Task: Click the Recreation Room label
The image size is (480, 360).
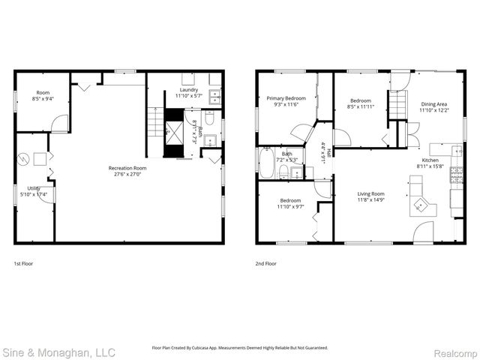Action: tap(127, 168)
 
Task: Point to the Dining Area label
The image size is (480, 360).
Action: tap(434, 104)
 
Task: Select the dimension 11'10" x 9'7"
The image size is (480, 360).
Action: tap(291, 206)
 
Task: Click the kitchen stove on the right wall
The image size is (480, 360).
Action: tap(455, 175)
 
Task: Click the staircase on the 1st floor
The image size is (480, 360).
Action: tap(155, 121)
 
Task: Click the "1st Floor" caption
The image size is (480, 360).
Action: tap(23, 264)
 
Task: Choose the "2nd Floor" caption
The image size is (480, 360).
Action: tap(266, 264)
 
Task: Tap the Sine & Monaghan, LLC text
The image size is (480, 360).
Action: tap(58, 351)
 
